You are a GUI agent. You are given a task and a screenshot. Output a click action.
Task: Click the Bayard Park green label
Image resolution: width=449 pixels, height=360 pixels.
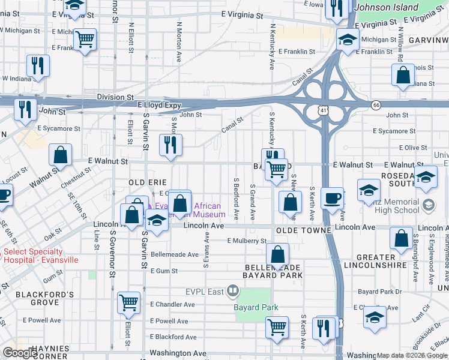coord(256,307)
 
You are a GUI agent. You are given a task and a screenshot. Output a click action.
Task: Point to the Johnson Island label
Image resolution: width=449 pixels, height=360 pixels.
coord(387,7)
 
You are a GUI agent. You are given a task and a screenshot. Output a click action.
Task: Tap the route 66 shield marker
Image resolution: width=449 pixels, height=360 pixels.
coord(376,105)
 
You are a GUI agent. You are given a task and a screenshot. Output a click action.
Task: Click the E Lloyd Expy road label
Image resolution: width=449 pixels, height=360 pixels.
coord(160,105)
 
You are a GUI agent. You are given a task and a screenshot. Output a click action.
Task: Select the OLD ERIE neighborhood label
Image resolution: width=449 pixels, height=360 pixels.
coord(146,181)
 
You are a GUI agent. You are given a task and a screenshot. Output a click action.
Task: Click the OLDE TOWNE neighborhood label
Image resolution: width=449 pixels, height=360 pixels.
coord(304,230)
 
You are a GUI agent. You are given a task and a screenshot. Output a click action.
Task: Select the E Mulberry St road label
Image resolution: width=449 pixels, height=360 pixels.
coord(247,241)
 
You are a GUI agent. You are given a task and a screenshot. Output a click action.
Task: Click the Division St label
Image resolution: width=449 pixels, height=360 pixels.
coord(115,97)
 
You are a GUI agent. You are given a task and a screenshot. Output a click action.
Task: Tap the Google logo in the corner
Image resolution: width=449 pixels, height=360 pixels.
coord(19,353)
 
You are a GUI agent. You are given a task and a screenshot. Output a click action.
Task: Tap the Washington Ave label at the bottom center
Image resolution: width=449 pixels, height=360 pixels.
coord(178,353)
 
